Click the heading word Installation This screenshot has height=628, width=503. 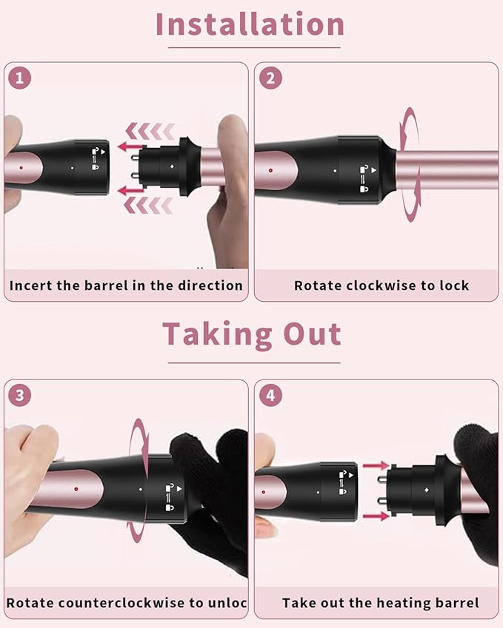pyautogui.click(x=250, y=24)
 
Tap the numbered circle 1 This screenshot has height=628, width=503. pyautogui.click(x=20, y=78)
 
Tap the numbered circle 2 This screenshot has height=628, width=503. pyautogui.click(x=271, y=78)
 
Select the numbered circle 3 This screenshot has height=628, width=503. pyautogui.click(x=20, y=396)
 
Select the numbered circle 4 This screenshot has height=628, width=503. pyautogui.click(x=271, y=396)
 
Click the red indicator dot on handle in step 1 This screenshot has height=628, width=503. pyautogui.click(x=21, y=168)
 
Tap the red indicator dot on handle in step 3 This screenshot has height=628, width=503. pyautogui.click(x=76, y=489)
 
